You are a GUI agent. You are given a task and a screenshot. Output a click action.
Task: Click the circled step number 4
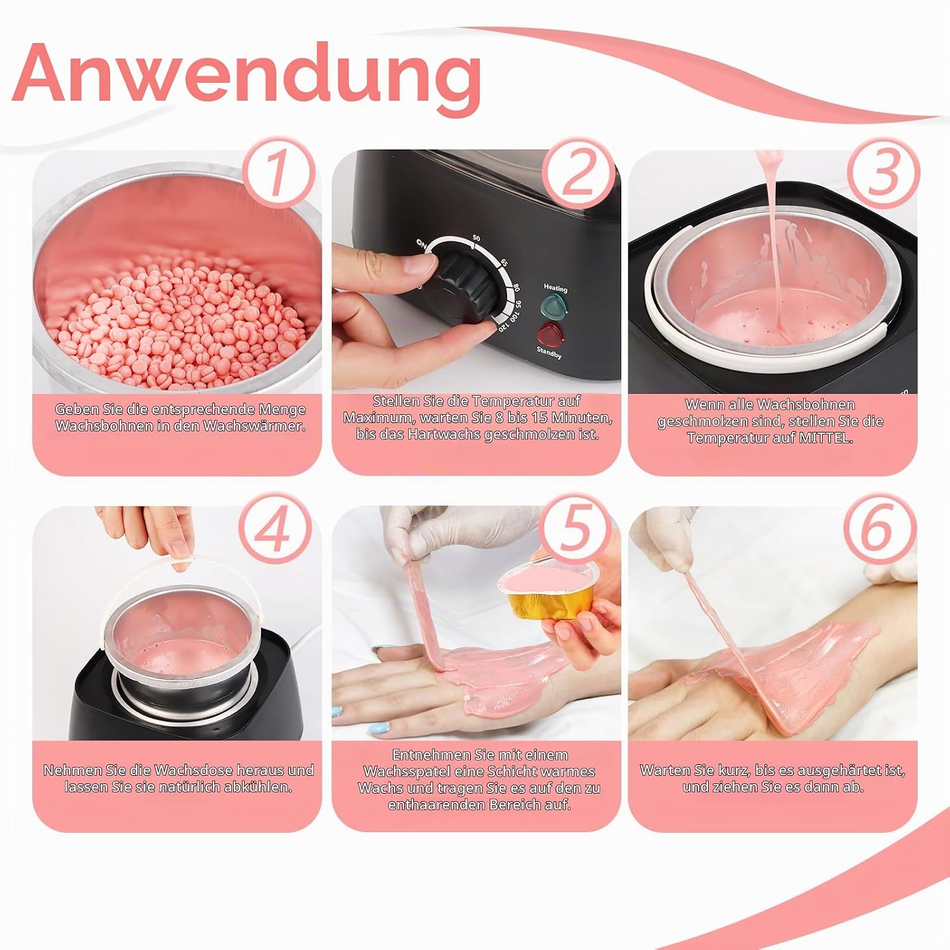pos(274,529)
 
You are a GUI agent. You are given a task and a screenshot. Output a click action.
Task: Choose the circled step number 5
pos(576,529)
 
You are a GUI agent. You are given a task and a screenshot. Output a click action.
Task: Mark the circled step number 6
pos(878,529)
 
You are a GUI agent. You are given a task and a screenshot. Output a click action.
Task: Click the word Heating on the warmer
pos(555,288)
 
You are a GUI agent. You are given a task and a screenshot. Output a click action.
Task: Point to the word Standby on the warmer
pos(548,353)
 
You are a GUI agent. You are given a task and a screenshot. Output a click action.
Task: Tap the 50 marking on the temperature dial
pos(476,238)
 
